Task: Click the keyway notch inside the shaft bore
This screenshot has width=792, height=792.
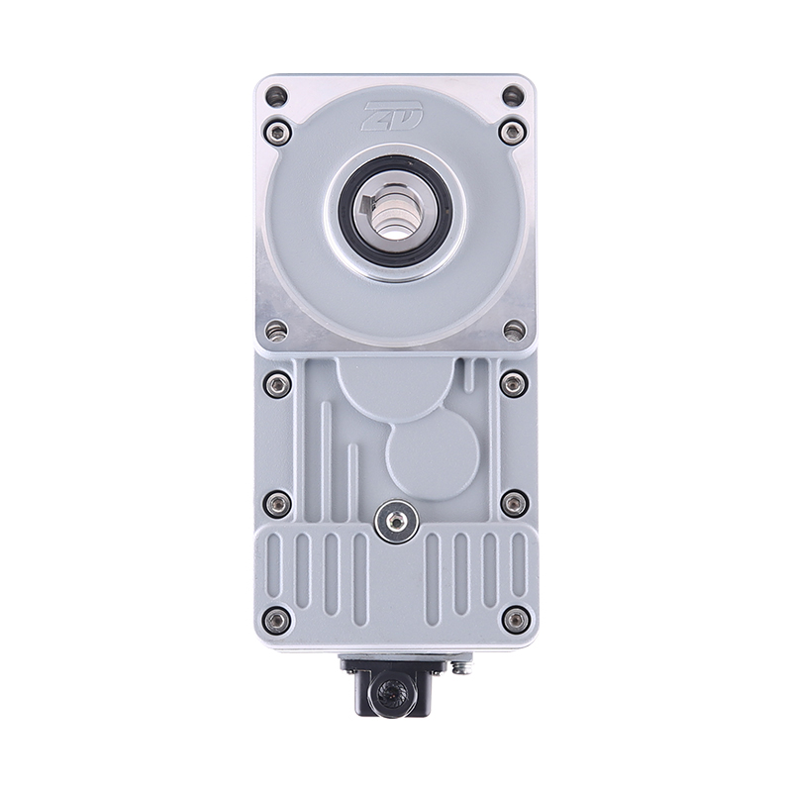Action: (x=364, y=206)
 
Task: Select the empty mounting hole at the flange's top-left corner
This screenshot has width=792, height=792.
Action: (x=276, y=96)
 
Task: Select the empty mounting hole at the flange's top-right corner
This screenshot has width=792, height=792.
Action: (x=513, y=96)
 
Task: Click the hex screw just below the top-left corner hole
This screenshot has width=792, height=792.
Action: (x=277, y=133)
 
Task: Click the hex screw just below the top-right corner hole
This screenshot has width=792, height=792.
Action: (x=512, y=133)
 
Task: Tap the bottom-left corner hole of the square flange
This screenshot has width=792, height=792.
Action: (x=276, y=332)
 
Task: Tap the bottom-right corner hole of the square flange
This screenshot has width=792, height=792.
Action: (x=514, y=331)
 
